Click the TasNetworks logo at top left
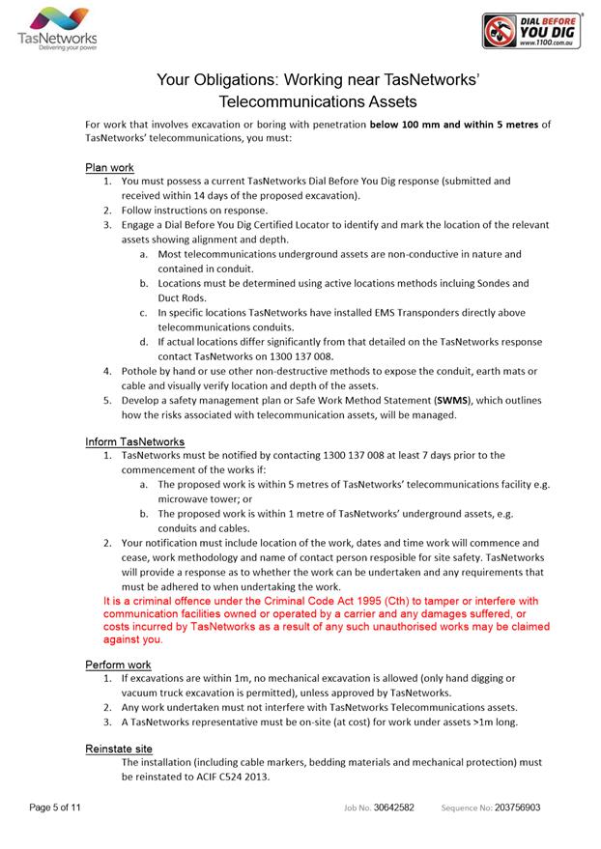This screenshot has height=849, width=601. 57,30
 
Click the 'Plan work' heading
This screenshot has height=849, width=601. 109,167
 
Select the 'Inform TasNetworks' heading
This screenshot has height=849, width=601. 134,441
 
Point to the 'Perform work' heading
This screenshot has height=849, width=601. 118,665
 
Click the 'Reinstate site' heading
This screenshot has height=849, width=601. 119,749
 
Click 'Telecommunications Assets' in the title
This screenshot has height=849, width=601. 318,100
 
